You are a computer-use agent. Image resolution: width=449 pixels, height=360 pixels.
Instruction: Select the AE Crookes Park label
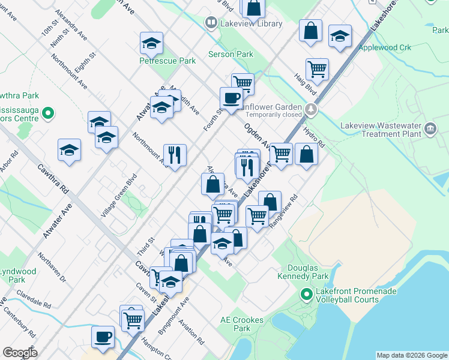point(242,324)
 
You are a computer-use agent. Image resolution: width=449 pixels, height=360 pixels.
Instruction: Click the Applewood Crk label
point(384,47)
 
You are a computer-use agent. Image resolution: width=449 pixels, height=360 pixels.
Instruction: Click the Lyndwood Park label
point(17,275)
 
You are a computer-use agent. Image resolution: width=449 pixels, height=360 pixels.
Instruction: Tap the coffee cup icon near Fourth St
point(231,98)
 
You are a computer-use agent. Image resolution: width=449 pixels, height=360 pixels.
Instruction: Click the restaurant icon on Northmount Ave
point(175,155)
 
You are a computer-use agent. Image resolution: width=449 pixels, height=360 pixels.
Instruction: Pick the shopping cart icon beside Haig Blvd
point(316,68)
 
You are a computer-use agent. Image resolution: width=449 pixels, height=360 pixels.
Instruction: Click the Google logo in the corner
point(20,353)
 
